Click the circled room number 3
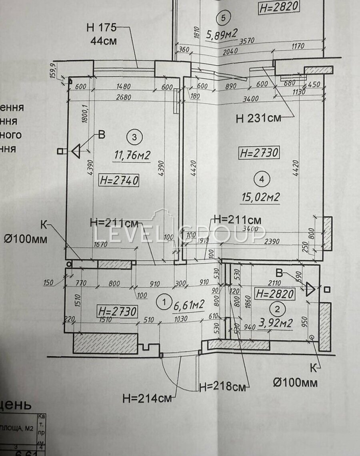(x=134, y=137)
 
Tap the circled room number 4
(x=262, y=179)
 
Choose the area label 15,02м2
(x=260, y=197)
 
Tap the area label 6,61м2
(x=189, y=306)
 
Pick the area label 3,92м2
(x=276, y=323)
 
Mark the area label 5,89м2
(x=222, y=35)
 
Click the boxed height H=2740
(x=119, y=181)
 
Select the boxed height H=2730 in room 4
(x=259, y=153)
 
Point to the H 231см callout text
(x=258, y=118)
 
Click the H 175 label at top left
(x=101, y=28)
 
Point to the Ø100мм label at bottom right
(x=296, y=382)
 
